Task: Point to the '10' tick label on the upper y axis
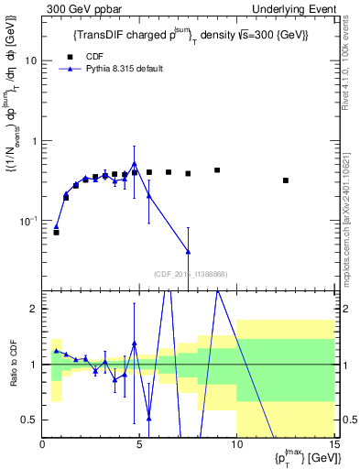pos(31,60)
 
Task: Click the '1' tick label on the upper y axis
pos(34,141)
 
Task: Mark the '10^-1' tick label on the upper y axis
pos(29,221)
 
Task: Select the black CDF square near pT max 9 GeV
pos(217,170)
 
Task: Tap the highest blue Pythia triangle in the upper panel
pos(135,164)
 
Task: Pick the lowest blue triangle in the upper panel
pos(188,251)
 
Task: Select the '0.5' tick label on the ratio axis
pos(29,420)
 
